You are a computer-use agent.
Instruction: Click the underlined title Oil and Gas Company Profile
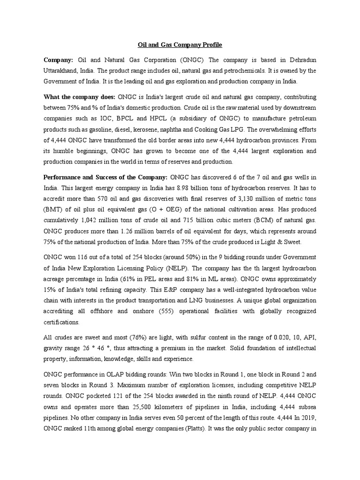click(x=180, y=45)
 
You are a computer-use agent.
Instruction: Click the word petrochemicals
click(x=234, y=71)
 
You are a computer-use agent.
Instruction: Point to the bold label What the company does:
click(x=76, y=97)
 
